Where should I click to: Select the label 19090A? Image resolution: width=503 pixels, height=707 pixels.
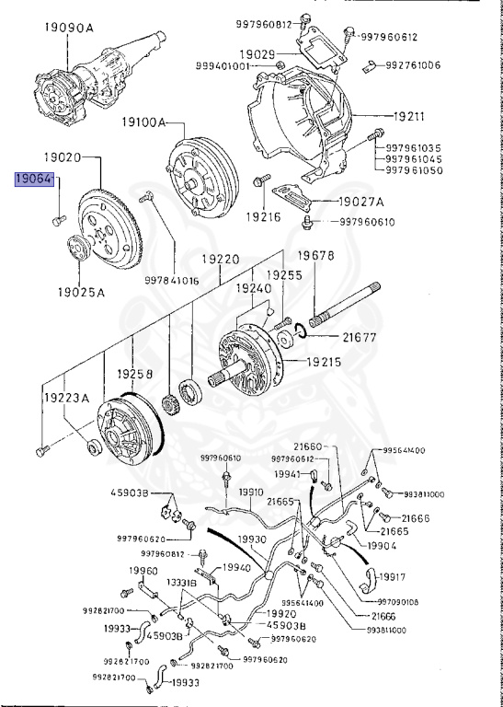tap(69, 28)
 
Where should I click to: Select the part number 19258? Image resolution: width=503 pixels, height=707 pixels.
tap(138, 375)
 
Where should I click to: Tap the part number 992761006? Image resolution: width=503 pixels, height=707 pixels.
tap(414, 65)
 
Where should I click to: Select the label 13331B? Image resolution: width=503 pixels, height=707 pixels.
tap(180, 582)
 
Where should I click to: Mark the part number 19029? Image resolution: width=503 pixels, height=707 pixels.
tap(258, 54)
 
